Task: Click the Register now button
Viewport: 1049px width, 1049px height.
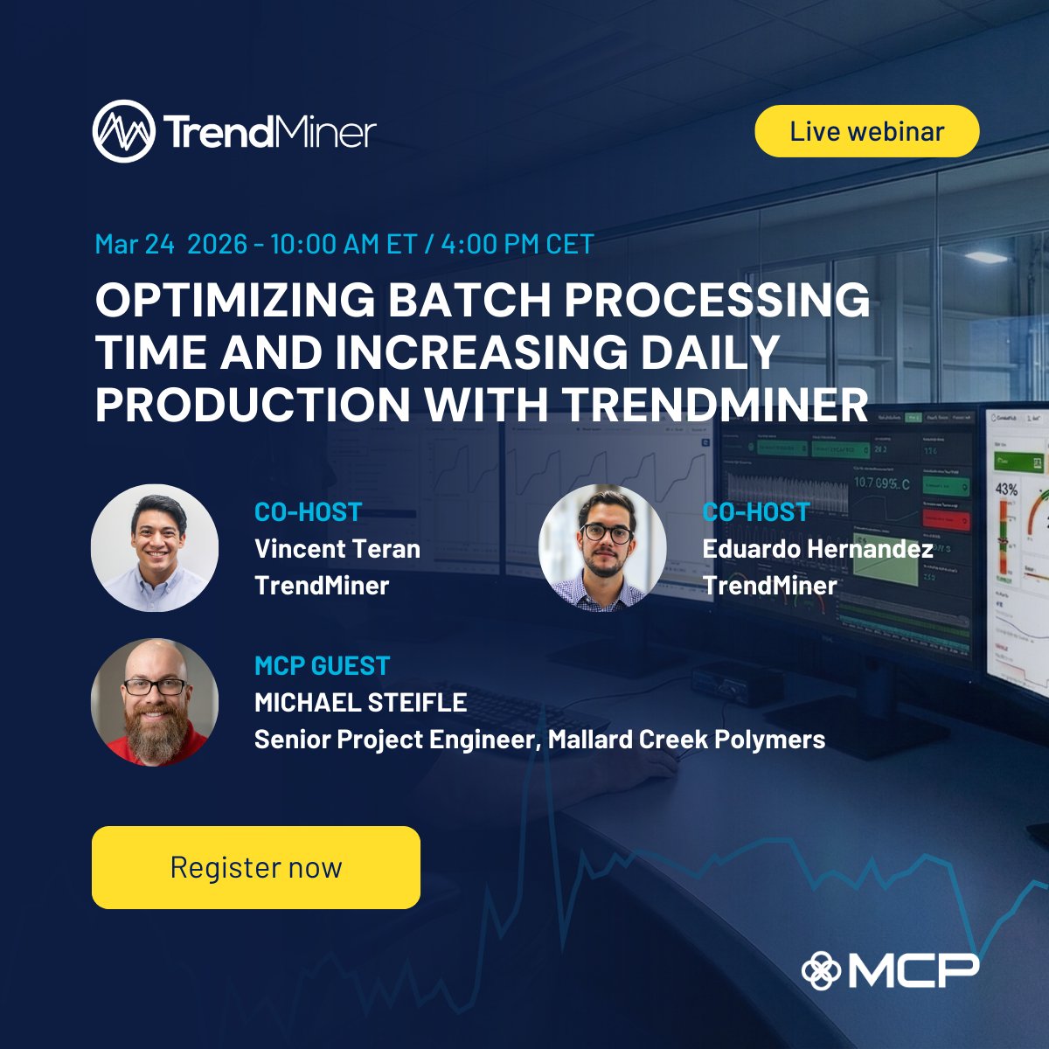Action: coord(255,867)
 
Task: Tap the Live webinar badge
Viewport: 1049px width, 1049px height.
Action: coord(866,131)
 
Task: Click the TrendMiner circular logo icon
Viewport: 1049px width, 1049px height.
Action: coord(124,131)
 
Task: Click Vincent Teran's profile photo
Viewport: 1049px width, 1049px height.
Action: coord(155,548)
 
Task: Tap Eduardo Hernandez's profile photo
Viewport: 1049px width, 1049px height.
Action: coord(602,548)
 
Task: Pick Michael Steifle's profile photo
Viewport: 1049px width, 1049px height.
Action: coord(155,702)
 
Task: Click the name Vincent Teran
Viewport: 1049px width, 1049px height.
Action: coord(337,549)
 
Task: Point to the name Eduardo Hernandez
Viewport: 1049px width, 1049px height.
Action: coord(817,549)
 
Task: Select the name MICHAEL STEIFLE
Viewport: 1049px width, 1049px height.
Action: coord(360,702)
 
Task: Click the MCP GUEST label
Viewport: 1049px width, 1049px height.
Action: coord(322,666)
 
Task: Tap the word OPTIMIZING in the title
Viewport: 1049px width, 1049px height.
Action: coord(235,301)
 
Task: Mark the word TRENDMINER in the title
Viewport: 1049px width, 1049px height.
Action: coord(715,405)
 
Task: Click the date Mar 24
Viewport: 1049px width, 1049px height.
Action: coord(135,244)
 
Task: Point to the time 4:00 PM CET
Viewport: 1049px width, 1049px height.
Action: coord(518,244)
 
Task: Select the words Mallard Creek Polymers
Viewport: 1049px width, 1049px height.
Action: coord(686,740)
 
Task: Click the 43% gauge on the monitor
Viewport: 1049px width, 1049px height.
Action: coord(1006,490)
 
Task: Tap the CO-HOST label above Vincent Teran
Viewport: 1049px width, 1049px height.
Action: coord(308,512)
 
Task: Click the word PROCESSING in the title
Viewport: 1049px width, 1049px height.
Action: coord(717,301)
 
